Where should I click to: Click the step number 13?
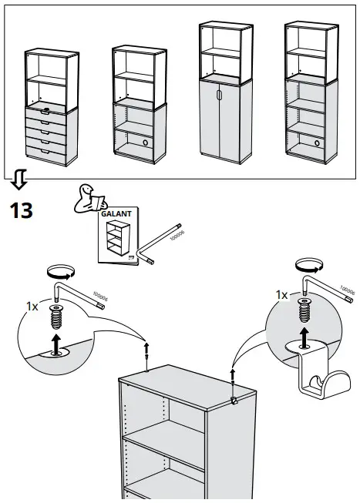coord(21,210)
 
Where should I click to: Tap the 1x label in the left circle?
coord(32,306)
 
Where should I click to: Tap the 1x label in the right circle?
coord(281,295)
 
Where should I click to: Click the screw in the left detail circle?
coord(56,315)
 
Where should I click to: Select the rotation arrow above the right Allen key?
coord(308,264)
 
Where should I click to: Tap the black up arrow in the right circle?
coord(306,332)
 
